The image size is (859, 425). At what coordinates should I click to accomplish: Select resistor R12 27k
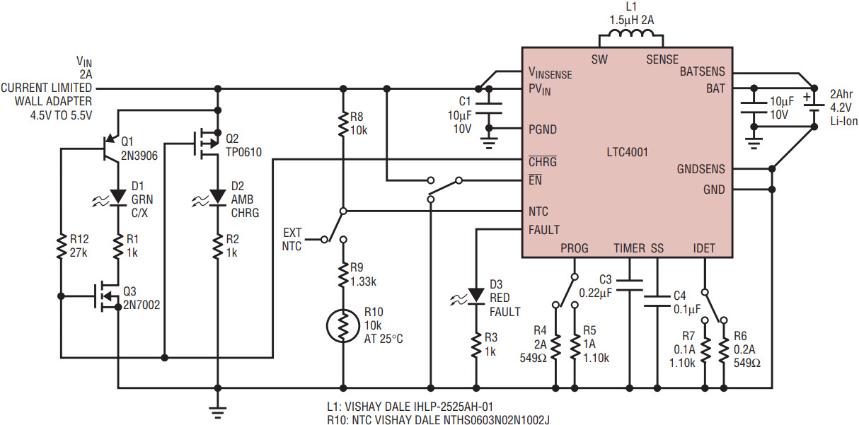point(62,248)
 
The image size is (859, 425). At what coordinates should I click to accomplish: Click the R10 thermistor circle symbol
point(343,325)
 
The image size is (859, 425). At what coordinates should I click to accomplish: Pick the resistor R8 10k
point(343,124)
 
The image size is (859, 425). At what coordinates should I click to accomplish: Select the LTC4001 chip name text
point(627,152)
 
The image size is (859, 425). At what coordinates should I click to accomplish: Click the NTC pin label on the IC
point(538,211)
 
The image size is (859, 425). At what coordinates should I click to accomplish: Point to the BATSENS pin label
point(702,71)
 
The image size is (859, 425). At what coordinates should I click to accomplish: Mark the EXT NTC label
point(292,239)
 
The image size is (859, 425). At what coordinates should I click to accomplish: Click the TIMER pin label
point(629,248)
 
